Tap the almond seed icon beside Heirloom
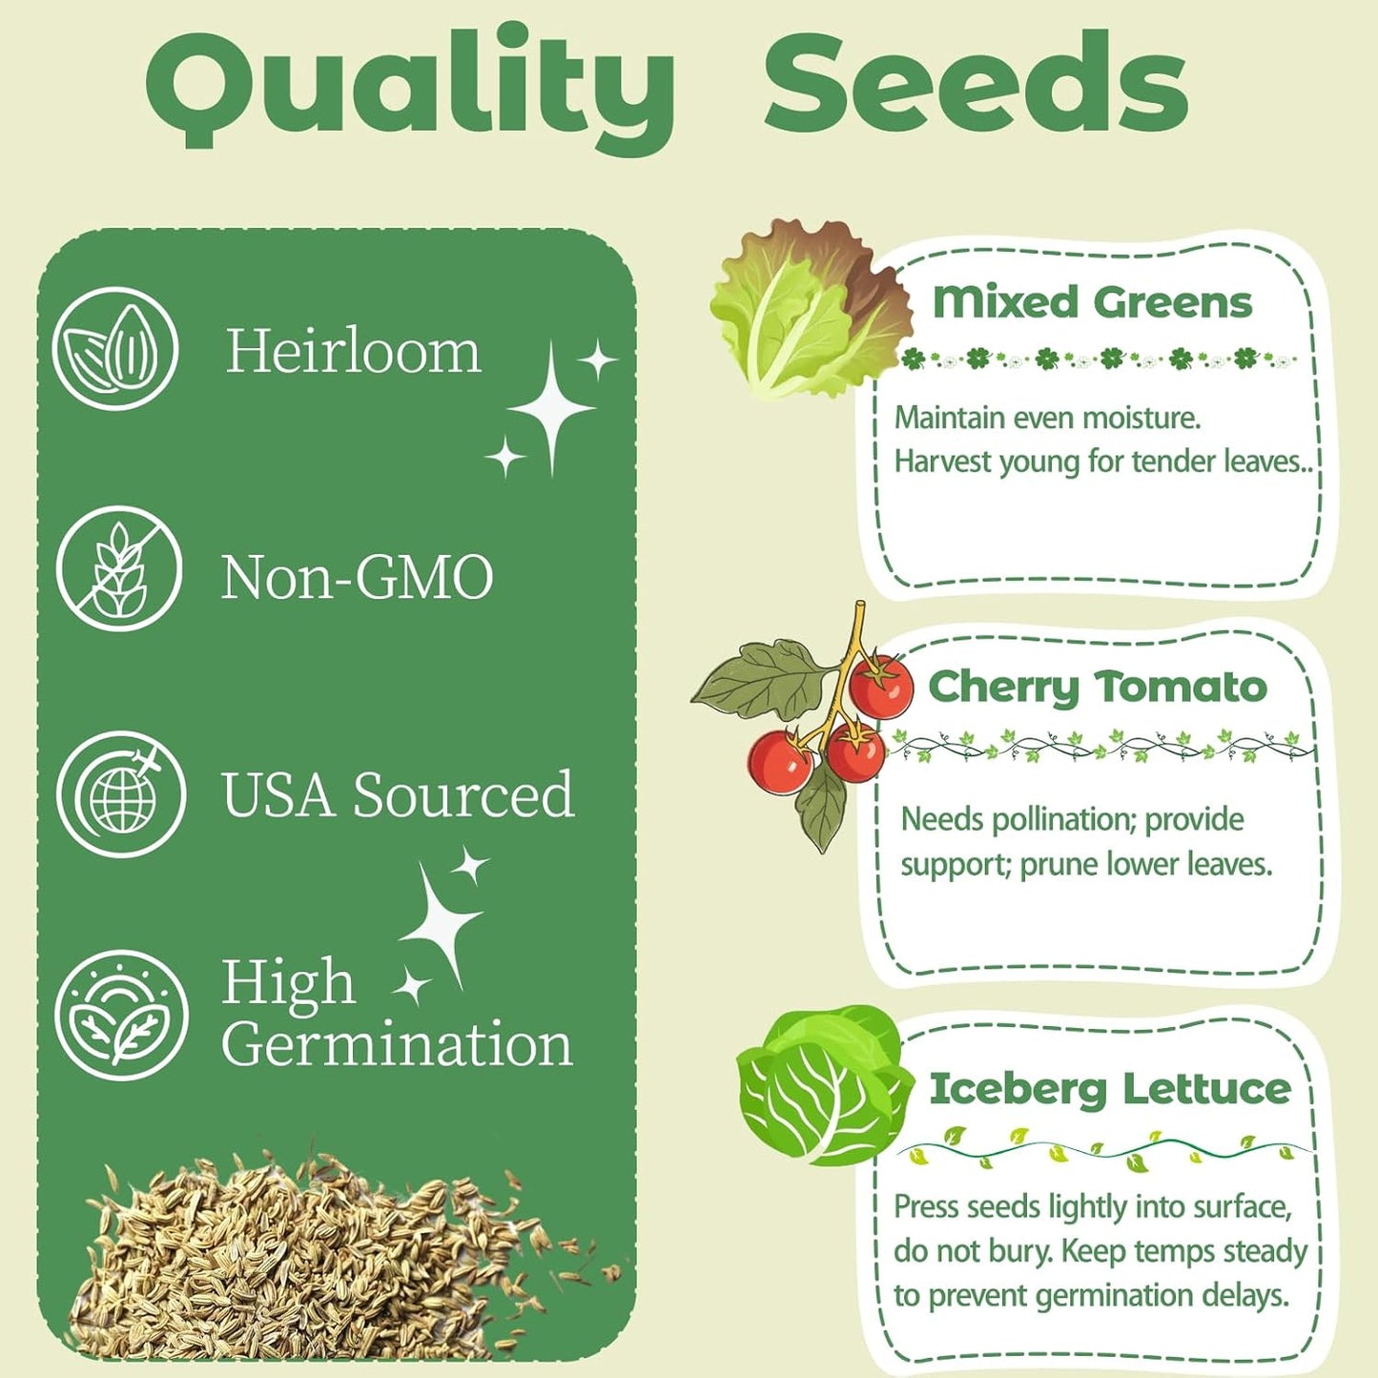[115, 349]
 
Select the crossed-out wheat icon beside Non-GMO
[118, 569]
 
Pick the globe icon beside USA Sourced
[121, 794]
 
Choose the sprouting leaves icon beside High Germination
[121, 1015]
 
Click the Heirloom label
[353, 351]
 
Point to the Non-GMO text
[357, 578]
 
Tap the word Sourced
[463, 794]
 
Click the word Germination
[397, 1044]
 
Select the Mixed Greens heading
[1092, 302]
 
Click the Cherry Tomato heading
[1098, 687]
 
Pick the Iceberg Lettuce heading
[1110, 1089]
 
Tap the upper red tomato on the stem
[881, 687]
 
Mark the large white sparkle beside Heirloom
[551, 408]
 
